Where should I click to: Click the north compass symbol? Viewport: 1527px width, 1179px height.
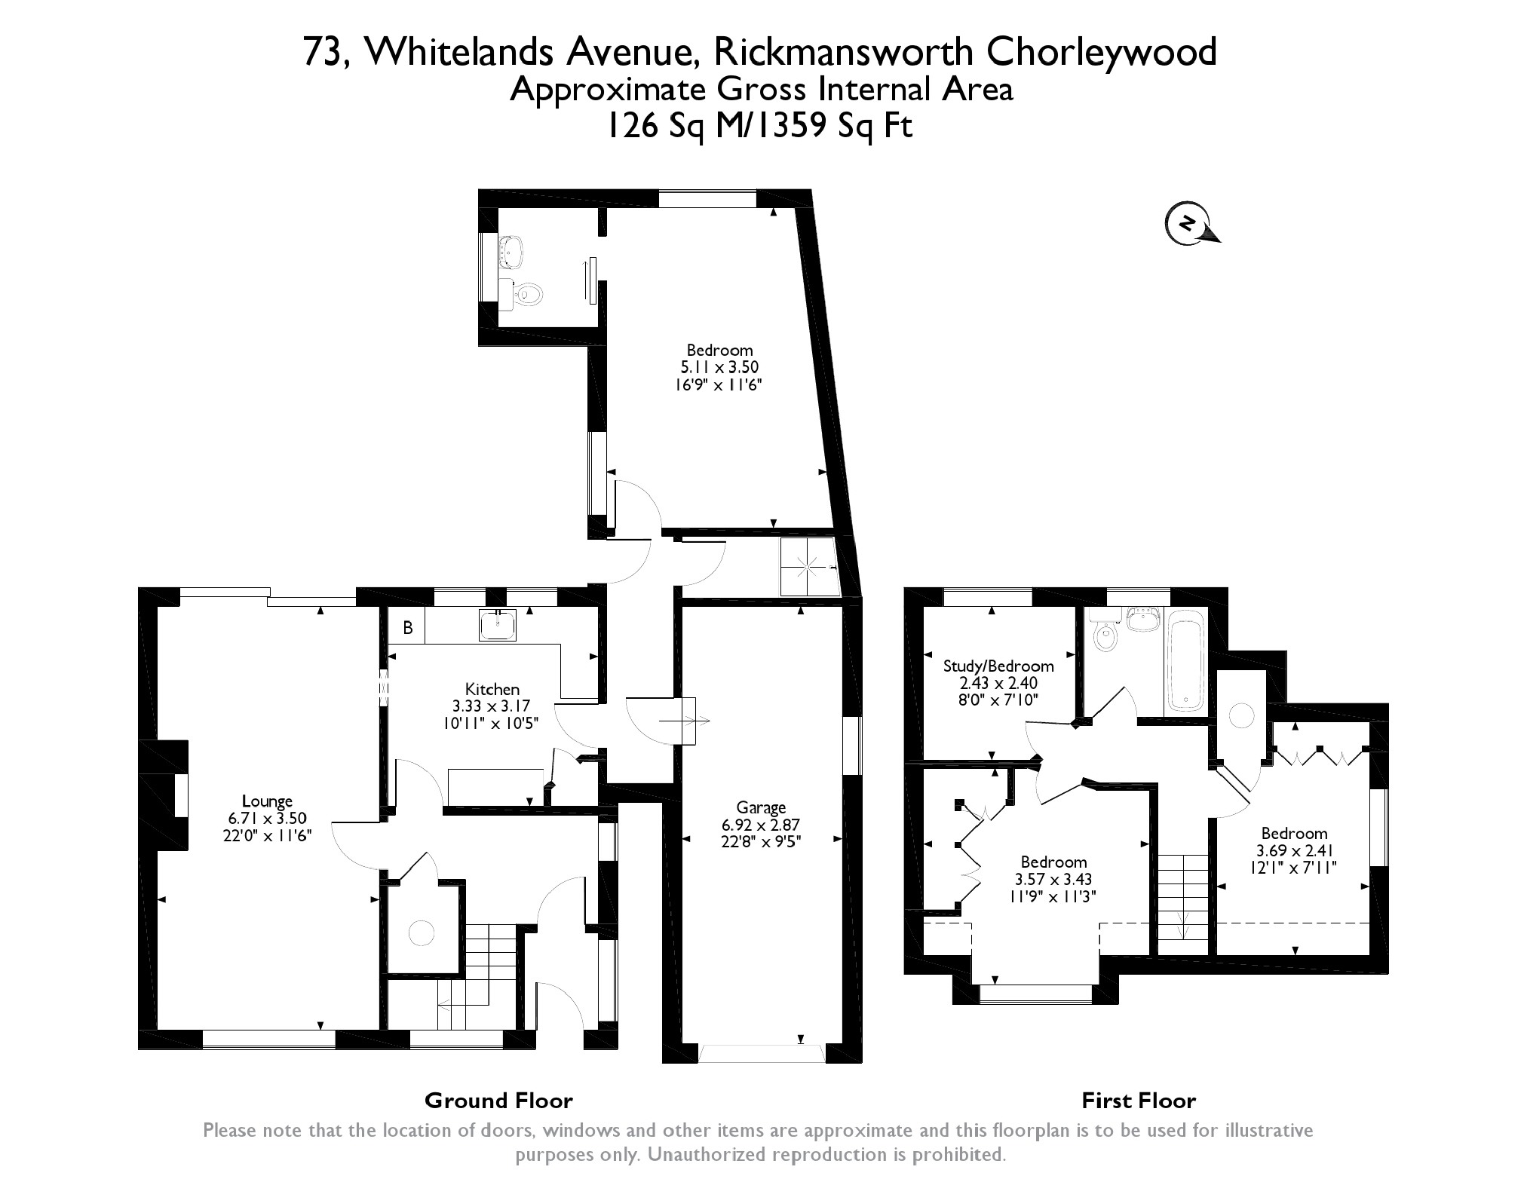click(x=1189, y=224)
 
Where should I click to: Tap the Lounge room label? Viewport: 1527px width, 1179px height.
click(x=267, y=801)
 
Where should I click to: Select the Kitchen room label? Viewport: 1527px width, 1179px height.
click(x=492, y=689)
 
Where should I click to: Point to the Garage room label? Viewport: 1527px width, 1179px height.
click(x=761, y=808)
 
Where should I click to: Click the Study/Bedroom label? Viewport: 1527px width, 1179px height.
click(x=998, y=666)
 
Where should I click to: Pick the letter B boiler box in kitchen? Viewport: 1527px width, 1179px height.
click(x=408, y=628)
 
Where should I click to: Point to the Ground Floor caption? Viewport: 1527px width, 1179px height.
click(x=498, y=1101)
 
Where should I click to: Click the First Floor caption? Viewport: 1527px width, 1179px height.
click(x=1139, y=1101)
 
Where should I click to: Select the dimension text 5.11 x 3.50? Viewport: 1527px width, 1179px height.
click(x=719, y=367)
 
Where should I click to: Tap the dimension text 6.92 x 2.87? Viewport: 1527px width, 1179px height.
click(x=761, y=825)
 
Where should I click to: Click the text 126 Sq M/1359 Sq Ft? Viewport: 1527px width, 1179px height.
click(x=761, y=127)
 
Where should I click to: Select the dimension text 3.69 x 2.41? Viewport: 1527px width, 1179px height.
click(x=1294, y=850)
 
